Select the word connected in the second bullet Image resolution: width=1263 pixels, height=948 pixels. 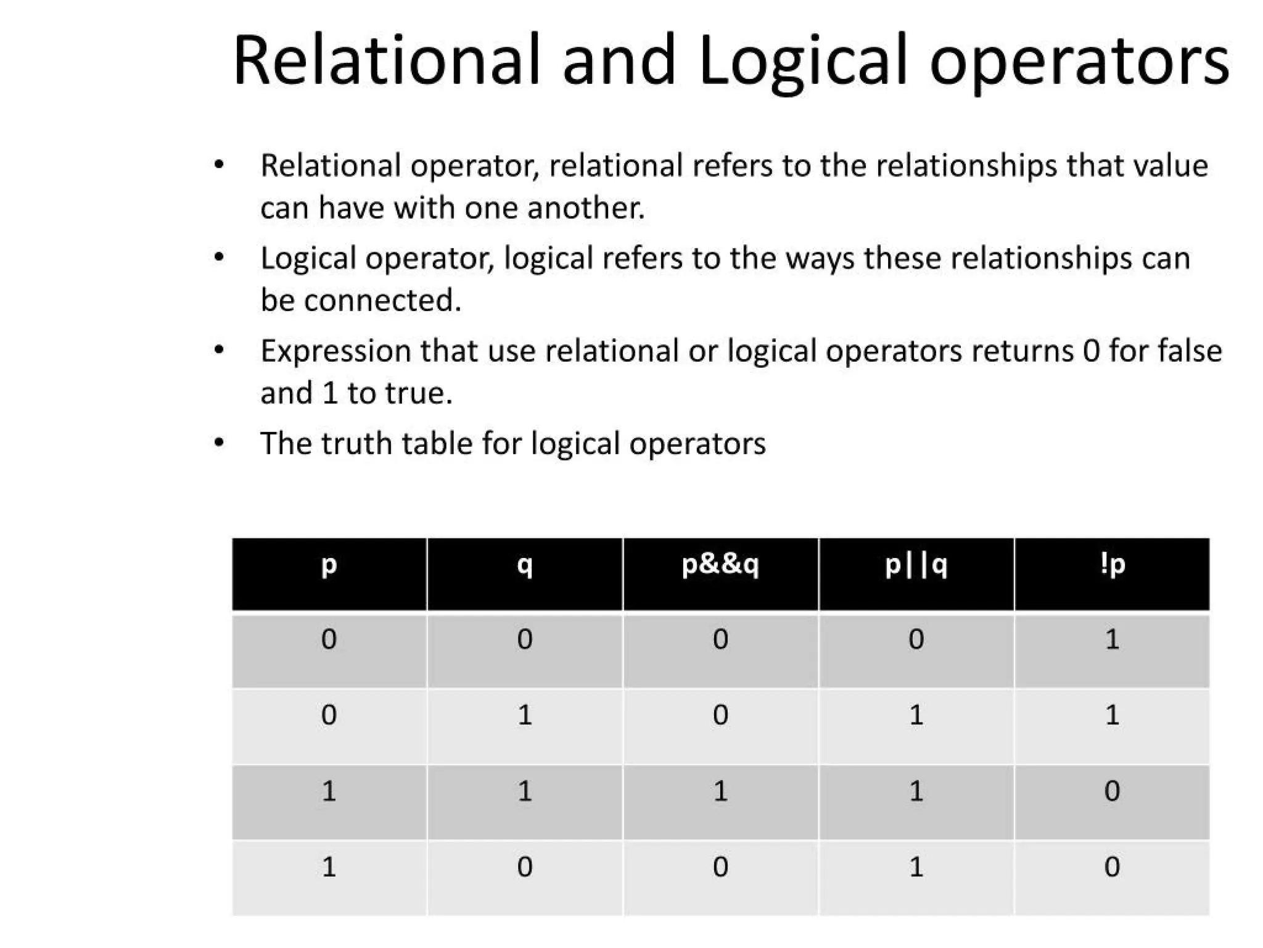coord(382,301)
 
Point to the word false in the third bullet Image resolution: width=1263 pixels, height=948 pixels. coord(1190,351)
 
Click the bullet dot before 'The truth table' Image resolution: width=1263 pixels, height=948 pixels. coord(219,443)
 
